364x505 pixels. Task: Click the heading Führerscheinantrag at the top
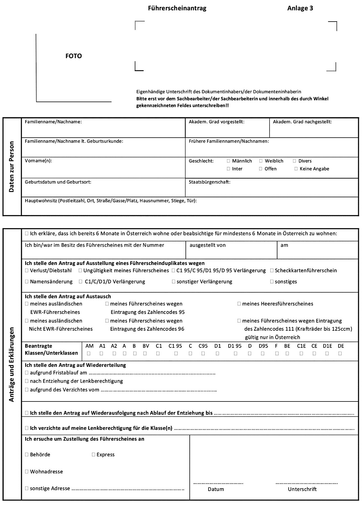177,8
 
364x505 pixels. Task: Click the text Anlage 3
300,8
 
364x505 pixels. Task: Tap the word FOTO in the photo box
74,56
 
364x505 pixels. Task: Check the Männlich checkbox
228,161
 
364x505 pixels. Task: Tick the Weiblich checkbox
261,161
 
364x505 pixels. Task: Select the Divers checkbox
295,161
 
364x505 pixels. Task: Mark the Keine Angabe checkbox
296,169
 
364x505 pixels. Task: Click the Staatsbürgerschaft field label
209,182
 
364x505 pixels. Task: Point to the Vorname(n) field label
38,161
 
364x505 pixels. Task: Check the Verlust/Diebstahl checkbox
27,271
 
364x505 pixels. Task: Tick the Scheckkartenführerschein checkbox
272,271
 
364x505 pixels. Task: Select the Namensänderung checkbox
27,282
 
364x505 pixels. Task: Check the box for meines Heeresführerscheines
239,304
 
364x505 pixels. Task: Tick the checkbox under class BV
145,353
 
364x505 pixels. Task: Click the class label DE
341,346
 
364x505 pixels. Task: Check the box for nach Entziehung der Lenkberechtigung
27,381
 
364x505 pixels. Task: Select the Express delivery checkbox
93,455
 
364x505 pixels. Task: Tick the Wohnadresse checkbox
27,472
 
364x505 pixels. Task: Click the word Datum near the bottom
216,489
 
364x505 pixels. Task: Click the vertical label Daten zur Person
11,167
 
